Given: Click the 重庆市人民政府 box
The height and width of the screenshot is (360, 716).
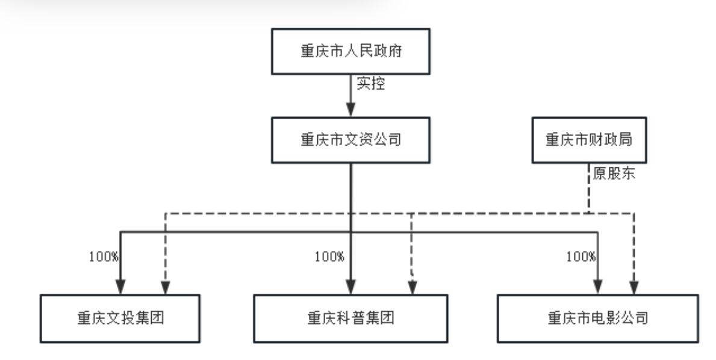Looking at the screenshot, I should [x=350, y=51].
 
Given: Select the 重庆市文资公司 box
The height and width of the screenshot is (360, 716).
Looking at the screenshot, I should [x=350, y=140].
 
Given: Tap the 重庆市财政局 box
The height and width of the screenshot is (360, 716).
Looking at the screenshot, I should [x=588, y=140].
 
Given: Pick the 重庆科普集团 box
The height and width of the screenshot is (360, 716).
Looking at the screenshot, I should [x=351, y=318].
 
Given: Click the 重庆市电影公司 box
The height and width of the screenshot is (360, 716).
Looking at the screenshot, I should [x=597, y=318].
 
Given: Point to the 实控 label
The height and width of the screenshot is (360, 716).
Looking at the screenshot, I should [x=370, y=84].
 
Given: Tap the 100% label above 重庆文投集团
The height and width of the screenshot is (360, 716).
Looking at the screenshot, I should [x=104, y=256].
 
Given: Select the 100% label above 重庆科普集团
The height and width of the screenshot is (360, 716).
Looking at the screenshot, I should [x=329, y=256].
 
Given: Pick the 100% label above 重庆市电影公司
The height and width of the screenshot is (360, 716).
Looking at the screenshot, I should [x=581, y=256].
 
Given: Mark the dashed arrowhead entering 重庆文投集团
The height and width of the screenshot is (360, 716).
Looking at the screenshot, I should [x=165, y=287].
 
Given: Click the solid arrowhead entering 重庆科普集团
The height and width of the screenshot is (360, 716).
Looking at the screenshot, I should [x=350, y=287].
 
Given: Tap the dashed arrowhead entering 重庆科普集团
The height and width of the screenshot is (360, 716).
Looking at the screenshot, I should [x=412, y=288].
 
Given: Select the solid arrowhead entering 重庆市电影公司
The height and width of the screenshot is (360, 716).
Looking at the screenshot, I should [x=597, y=287].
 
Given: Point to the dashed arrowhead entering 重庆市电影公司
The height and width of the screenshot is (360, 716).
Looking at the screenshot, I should [x=633, y=287].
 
